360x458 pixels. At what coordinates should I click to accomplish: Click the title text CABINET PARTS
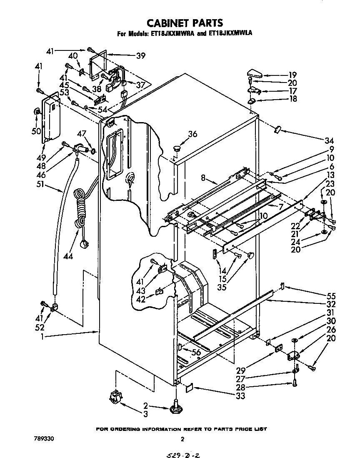coord(180,23)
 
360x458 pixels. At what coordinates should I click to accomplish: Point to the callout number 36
coord(192,134)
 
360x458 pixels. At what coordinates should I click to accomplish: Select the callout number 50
coord(37,131)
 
